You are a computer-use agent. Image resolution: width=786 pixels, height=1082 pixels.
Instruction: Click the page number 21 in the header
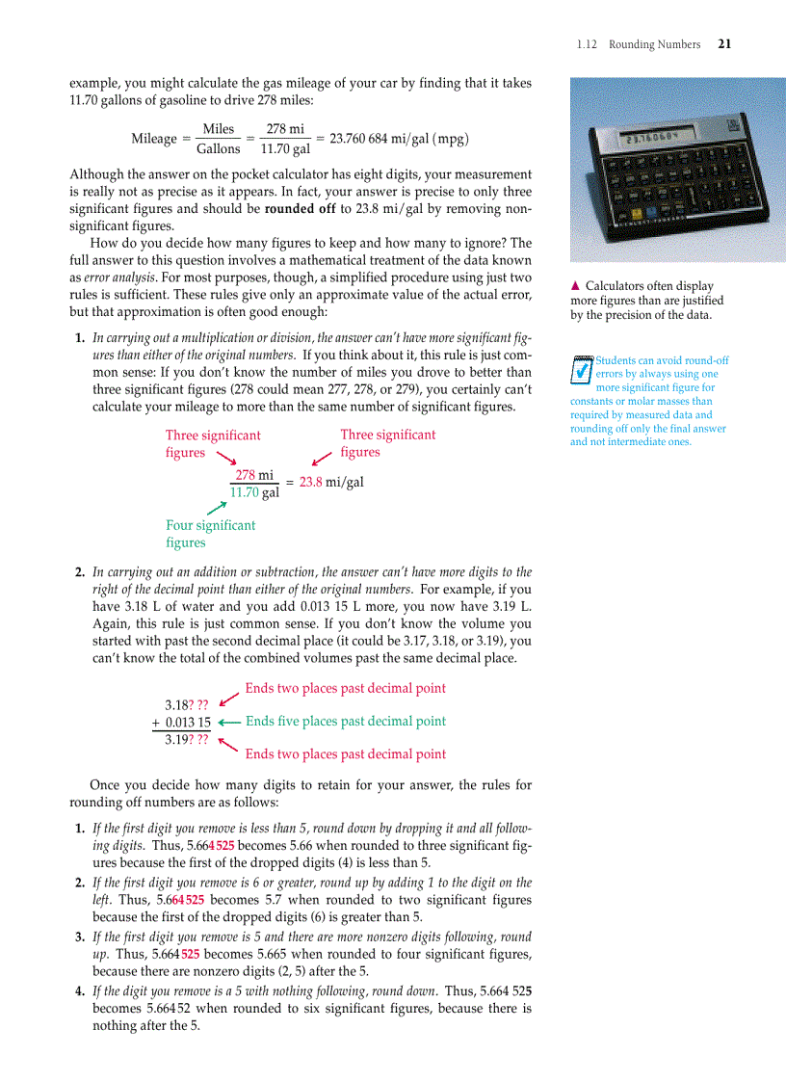(724, 44)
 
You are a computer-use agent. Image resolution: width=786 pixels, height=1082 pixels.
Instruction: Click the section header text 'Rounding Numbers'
(654, 44)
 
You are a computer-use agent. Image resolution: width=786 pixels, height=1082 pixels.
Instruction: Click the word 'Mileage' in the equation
(154, 139)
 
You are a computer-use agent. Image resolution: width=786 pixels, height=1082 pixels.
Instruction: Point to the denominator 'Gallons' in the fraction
(219, 149)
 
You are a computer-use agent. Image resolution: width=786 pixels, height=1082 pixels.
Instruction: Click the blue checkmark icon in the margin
(581, 370)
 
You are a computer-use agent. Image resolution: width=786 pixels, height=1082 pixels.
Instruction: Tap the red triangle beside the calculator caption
(575, 286)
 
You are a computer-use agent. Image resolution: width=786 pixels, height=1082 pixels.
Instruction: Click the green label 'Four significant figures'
(211, 534)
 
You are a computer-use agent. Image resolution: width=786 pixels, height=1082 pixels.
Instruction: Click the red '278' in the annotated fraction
(246, 475)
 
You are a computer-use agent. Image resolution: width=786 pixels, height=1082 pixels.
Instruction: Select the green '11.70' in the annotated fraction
(245, 492)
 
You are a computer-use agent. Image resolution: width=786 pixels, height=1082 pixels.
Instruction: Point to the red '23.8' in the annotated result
(310, 483)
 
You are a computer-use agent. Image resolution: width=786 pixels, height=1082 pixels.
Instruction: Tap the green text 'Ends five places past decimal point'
(346, 722)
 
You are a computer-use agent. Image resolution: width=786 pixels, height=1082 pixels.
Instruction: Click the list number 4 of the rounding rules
(80, 991)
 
